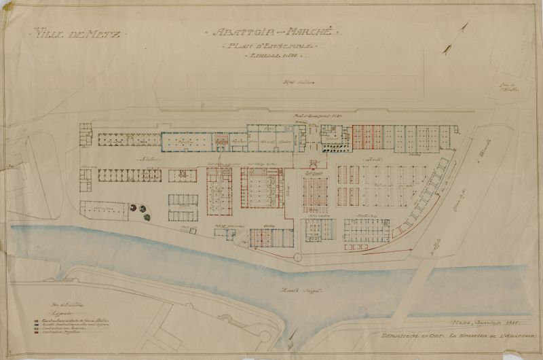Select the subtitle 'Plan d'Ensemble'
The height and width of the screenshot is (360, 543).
[267, 46]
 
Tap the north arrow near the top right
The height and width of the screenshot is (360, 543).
[464, 29]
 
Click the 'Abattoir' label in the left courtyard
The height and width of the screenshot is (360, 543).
[145, 160]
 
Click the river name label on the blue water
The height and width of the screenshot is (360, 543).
[297, 291]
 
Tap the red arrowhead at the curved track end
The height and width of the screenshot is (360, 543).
[410, 250]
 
